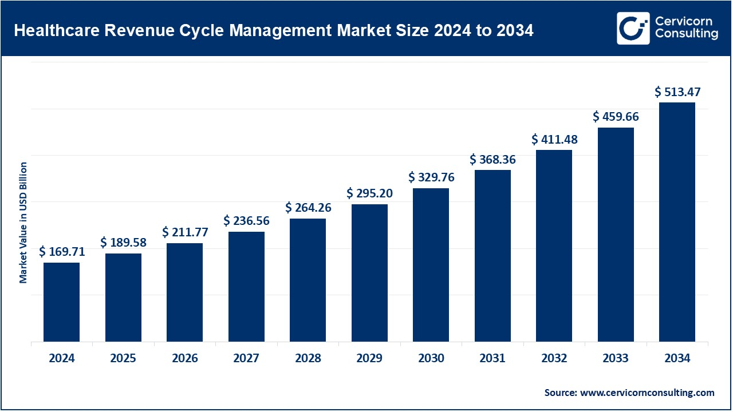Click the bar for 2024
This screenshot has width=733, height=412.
click(x=61, y=302)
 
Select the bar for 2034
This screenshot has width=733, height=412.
click(x=677, y=222)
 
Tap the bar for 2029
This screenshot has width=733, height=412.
click(x=369, y=273)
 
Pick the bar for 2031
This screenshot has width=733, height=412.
click(x=492, y=256)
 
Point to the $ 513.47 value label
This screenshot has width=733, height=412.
click(x=678, y=92)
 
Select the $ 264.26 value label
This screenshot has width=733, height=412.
click(x=309, y=207)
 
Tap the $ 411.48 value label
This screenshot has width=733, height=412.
click(x=554, y=139)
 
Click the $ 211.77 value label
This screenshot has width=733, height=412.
click(x=185, y=232)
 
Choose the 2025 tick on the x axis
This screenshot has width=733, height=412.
click(x=123, y=359)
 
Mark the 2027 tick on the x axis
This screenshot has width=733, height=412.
click(x=246, y=359)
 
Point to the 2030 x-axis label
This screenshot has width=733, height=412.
click(x=431, y=359)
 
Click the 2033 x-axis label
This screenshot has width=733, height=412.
click(x=616, y=359)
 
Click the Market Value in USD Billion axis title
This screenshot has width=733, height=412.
click(x=23, y=223)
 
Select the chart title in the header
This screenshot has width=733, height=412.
click(x=273, y=31)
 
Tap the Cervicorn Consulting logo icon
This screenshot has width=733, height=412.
click(x=633, y=28)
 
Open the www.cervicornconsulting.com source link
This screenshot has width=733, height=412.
click(x=647, y=393)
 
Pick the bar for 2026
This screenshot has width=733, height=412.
click(x=185, y=292)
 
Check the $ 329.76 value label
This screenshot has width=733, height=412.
click(x=431, y=177)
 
